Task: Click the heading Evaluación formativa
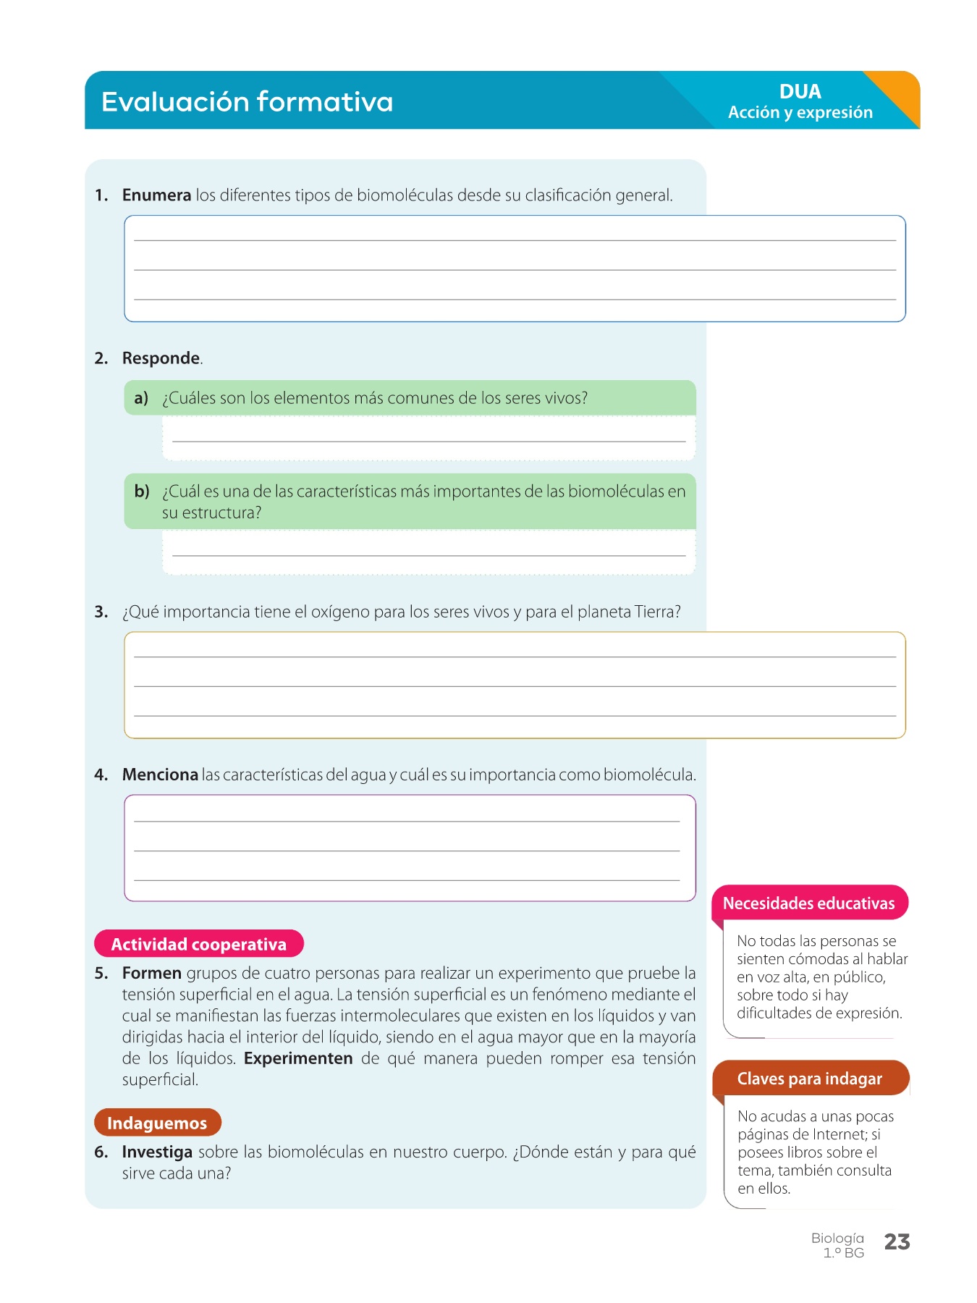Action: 247,102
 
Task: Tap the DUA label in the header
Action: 800,92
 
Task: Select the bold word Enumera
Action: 156,195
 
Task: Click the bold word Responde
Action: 161,358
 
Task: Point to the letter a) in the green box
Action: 141,398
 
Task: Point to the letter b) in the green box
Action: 142,492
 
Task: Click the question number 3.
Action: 101,612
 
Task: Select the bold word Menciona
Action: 160,775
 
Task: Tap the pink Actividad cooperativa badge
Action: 198,944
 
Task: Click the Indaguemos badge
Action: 157,1123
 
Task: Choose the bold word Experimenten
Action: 298,1058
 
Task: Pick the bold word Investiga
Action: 157,1152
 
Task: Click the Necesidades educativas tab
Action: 808,903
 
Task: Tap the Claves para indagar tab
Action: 809,1079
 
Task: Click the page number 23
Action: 897,1242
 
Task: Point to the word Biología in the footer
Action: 837,1239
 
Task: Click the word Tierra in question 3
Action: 654,612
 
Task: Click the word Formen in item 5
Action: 151,974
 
